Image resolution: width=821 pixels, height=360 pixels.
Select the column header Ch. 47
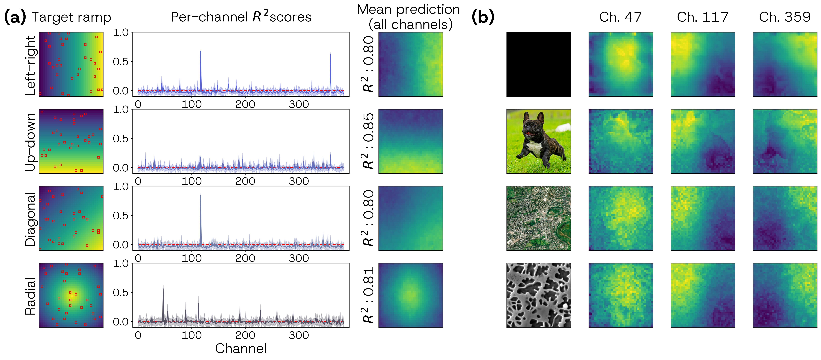(x=620, y=17)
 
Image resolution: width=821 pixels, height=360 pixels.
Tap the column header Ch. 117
(x=702, y=17)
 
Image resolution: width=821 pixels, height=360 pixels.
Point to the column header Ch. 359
(x=785, y=17)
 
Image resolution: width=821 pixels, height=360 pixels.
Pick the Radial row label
(x=30, y=296)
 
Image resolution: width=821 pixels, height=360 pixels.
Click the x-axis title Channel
(x=241, y=349)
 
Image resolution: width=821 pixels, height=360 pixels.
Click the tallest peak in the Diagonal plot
(x=200, y=195)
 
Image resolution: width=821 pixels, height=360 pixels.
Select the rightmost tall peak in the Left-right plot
(x=330, y=55)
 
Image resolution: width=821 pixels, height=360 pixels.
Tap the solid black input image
(x=539, y=64)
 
